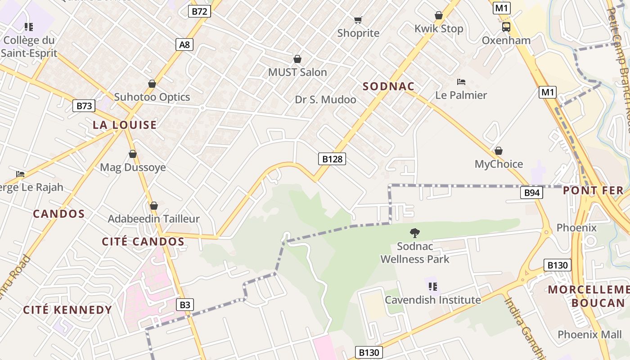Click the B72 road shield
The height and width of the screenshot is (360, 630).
pos(199,12)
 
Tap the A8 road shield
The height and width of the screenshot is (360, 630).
pos(184,44)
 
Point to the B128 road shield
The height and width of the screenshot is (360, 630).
pos(333,158)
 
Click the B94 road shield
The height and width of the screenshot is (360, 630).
pos(532,193)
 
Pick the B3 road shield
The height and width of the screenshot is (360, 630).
pos(185,305)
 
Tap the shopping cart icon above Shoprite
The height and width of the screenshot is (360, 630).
pos(358,20)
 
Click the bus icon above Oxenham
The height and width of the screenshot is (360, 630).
pos(506,27)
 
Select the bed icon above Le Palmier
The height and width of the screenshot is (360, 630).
pos(461,82)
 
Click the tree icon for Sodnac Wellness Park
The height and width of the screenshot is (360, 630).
pos(414,233)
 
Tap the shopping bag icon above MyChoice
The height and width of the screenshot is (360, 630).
pos(499,151)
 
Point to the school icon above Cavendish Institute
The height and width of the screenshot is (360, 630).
pos(432,286)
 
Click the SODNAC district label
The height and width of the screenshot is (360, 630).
pos(388,86)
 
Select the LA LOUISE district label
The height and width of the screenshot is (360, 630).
pos(125,125)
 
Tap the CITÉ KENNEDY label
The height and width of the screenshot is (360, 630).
pos(67,310)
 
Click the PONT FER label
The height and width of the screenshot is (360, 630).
pos(593,190)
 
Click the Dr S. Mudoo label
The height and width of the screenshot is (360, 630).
pos(325,99)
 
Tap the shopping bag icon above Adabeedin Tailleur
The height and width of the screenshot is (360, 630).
pos(154,206)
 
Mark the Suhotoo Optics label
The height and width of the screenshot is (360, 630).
pos(152,97)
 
